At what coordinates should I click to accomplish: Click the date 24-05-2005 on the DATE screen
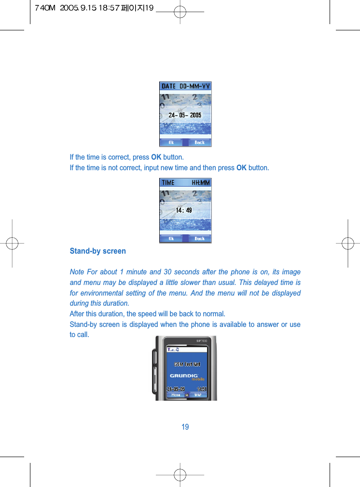[x=185, y=115]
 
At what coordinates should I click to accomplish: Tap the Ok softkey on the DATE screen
[x=171, y=142]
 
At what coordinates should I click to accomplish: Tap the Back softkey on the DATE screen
[x=199, y=142]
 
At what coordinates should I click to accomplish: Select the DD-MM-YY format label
[x=195, y=86]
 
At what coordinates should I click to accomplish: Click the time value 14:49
[x=183, y=210]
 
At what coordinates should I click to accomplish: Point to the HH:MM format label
[x=200, y=183]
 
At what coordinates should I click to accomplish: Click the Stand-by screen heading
[x=97, y=251]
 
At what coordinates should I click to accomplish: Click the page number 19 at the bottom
[x=185, y=427]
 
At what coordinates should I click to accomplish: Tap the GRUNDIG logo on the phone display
[x=184, y=376]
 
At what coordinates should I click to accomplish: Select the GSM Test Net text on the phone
[x=187, y=364]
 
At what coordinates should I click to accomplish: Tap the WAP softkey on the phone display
[x=197, y=394]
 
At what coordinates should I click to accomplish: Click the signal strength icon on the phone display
[x=170, y=350]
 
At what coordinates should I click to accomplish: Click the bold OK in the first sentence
[x=156, y=157]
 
